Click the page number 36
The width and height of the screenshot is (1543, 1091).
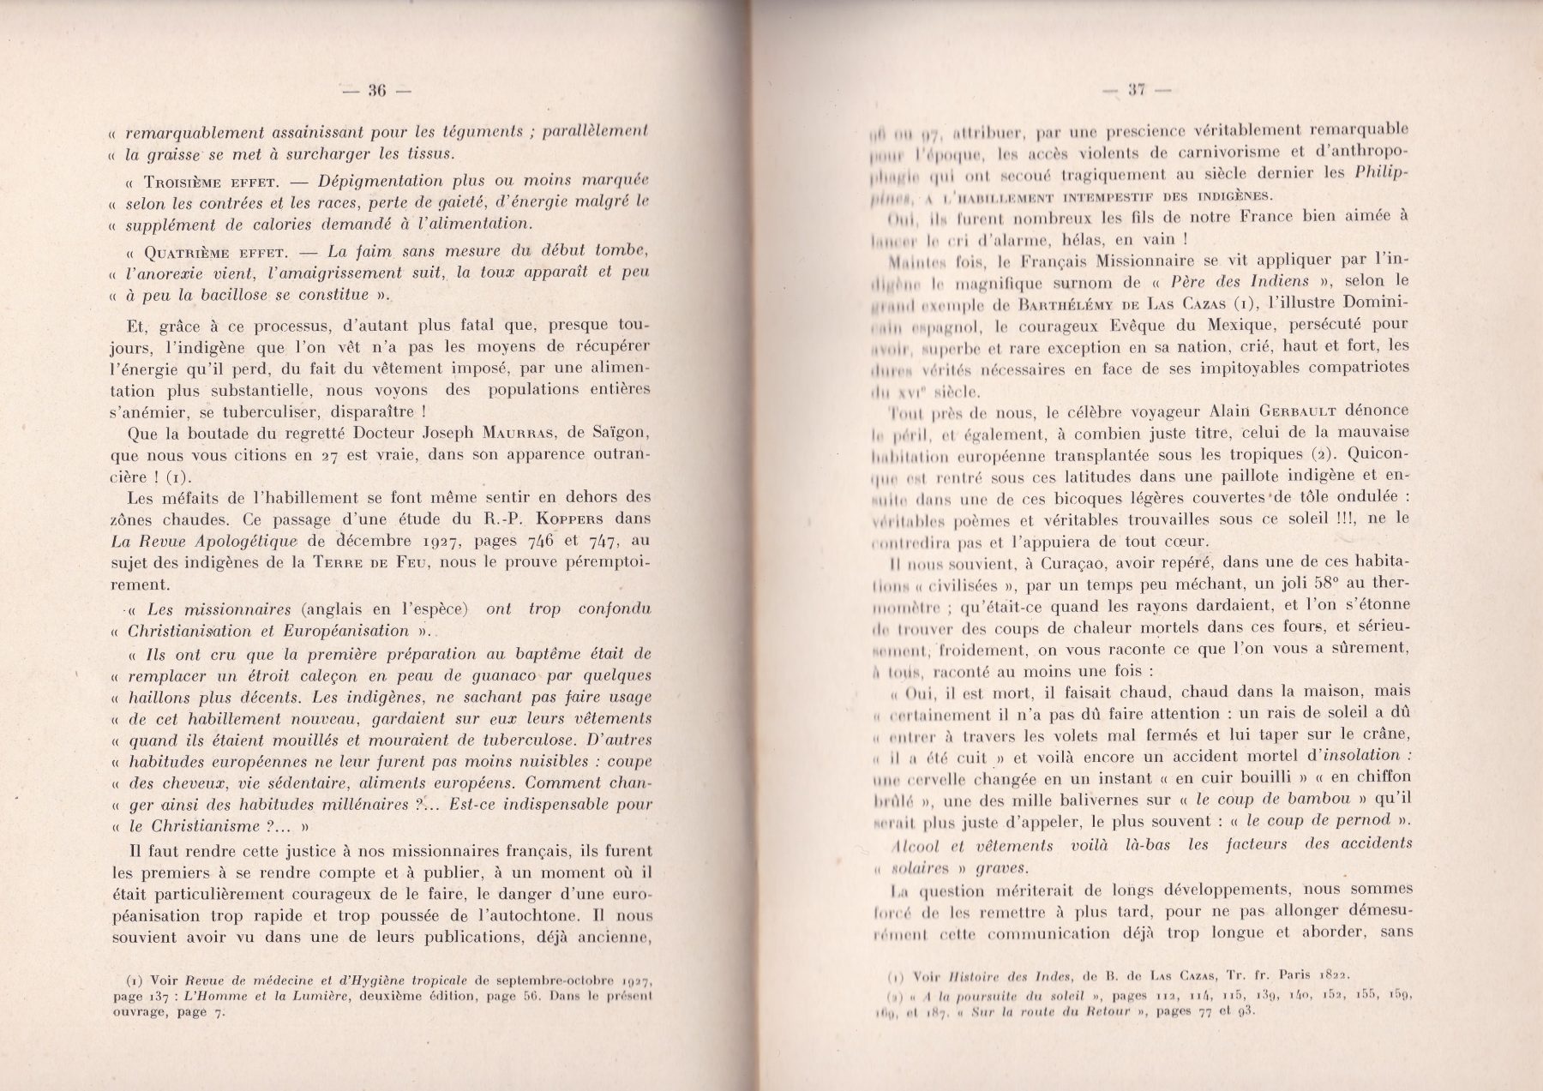coord(377,90)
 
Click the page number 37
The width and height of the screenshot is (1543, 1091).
coord(1138,88)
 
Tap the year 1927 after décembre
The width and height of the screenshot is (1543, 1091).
coord(444,541)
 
